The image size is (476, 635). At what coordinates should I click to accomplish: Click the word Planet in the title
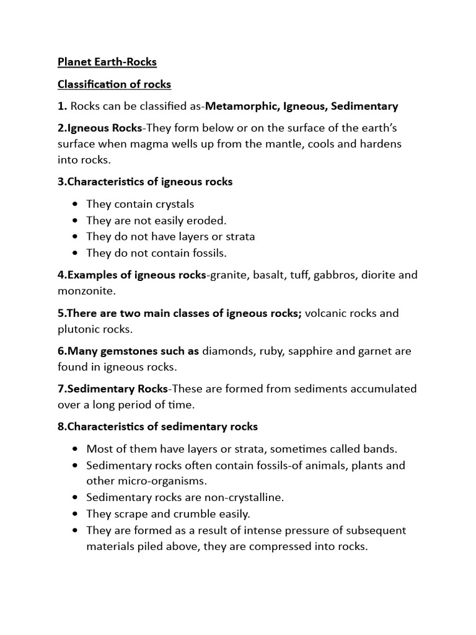tap(74, 62)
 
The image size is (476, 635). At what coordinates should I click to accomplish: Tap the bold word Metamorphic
tap(242, 106)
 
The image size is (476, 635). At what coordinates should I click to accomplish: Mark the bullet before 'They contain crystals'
tap(76, 204)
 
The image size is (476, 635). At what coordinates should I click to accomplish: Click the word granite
tap(229, 275)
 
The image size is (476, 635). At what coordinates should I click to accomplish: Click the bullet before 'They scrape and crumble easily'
tap(76, 514)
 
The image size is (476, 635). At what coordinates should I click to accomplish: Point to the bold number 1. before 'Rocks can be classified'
tap(62, 106)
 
